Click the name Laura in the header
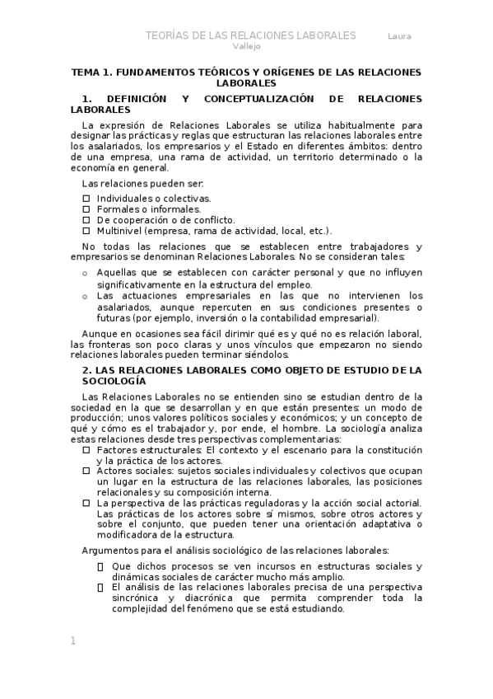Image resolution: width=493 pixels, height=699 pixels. pos(401,36)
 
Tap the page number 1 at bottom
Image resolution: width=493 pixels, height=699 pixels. pos(72,640)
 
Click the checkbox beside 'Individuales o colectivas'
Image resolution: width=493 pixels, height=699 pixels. pos(87,199)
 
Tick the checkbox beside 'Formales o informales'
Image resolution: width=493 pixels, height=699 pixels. pos(87,209)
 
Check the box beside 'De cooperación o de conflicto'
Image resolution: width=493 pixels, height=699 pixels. pos(87,220)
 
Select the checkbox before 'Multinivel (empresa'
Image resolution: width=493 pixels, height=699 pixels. pos(87,231)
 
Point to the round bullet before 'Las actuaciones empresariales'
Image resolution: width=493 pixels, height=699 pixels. pos(86,296)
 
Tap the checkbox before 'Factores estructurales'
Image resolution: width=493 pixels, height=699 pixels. pos(87,450)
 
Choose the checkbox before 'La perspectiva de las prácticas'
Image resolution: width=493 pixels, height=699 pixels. pos(87,503)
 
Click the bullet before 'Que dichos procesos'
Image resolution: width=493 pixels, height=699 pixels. pos(100,566)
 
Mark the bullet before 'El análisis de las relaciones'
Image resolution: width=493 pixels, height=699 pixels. pos(100,587)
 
